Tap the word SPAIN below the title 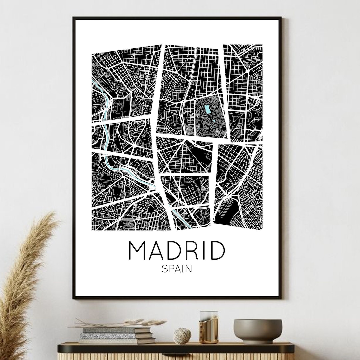coord(177,268)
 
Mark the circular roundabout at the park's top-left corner coord(194,99)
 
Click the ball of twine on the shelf coord(182,336)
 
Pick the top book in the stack coord(117,330)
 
